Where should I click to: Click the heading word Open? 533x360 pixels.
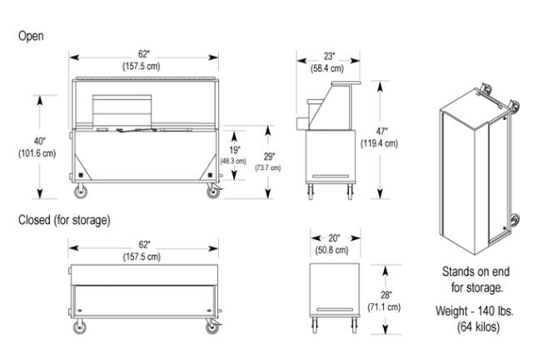(x=30, y=37)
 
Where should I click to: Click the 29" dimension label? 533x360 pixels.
(x=267, y=157)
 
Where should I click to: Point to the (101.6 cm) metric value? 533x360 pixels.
(x=36, y=152)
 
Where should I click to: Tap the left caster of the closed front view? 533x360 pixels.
(x=82, y=326)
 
